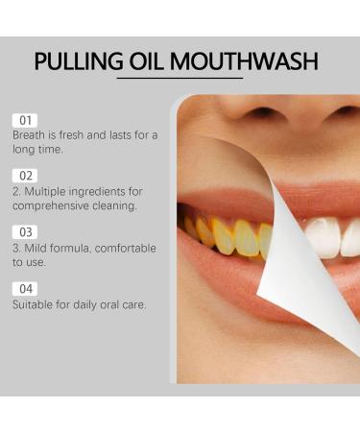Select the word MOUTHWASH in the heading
(252, 62)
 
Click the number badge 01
(25, 120)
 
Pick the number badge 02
(25, 176)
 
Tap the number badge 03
(25, 231)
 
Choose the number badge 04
(25, 288)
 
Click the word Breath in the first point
(31, 135)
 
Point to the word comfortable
(120, 248)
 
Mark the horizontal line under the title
(180, 80)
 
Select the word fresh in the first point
(82, 135)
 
